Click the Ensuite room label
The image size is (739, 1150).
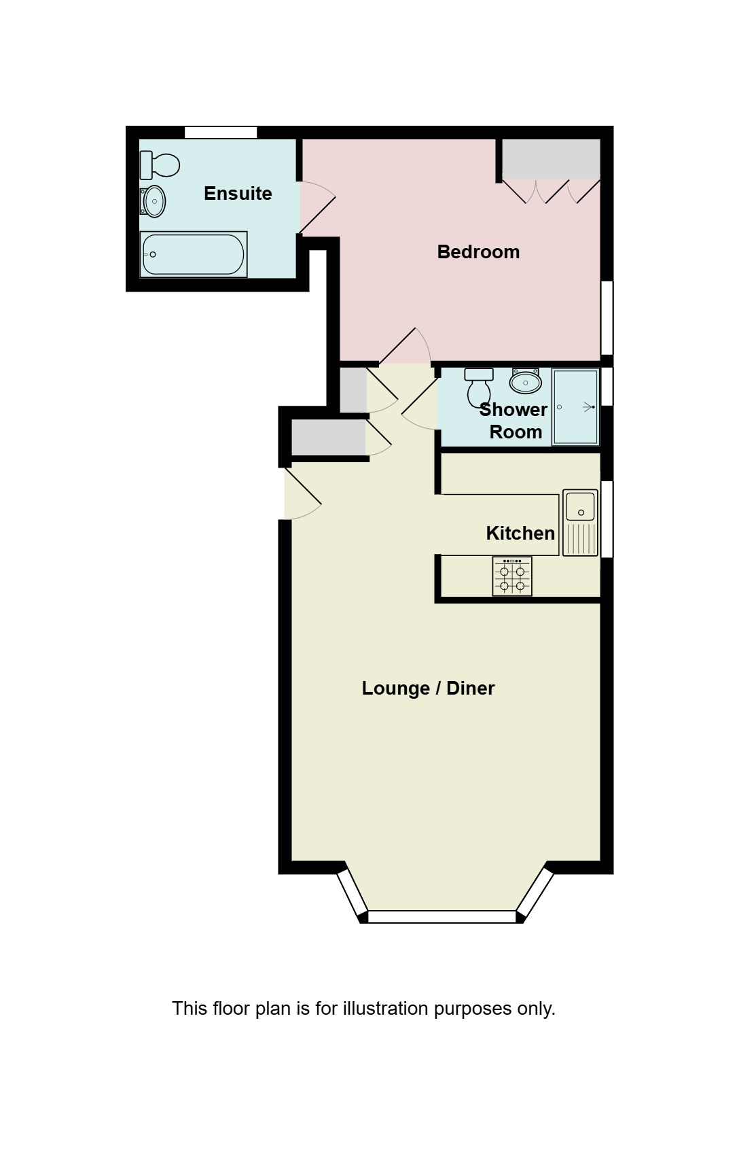click(238, 194)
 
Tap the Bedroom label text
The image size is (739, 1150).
click(478, 252)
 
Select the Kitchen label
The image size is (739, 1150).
click(520, 534)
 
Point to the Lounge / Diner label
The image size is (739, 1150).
click(428, 689)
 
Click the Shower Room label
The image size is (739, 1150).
click(514, 421)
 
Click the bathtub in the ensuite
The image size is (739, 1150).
click(194, 255)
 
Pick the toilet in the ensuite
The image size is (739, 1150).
click(160, 165)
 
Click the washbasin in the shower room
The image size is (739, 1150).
click(526, 382)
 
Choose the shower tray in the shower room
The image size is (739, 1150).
click(575, 406)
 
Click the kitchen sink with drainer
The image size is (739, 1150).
click(580, 523)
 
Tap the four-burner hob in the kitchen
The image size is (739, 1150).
click(512, 576)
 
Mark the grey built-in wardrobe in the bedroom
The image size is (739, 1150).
click(551, 159)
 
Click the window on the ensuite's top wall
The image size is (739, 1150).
click(221, 133)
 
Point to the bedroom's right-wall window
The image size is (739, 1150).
click(607, 317)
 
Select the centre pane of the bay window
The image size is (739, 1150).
click(441, 917)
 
